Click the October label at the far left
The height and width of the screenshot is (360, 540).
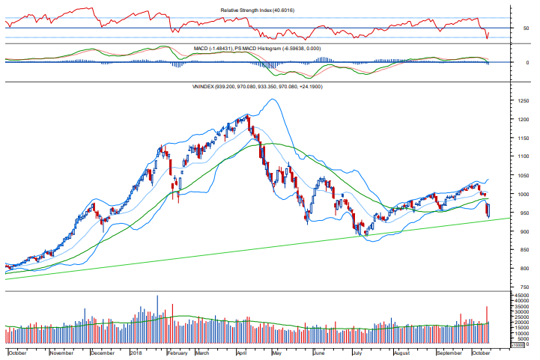pyautogui.click(x=17, y=352)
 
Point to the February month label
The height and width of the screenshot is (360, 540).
pyautogui.click(x=177, y=352)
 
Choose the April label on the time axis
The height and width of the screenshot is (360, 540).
pyautogui.click(x=241, y=352)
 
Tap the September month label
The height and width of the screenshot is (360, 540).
pyautogui.click(x=449, y=352)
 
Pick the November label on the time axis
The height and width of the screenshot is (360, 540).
pyautogui.click(x=61, y=352)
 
